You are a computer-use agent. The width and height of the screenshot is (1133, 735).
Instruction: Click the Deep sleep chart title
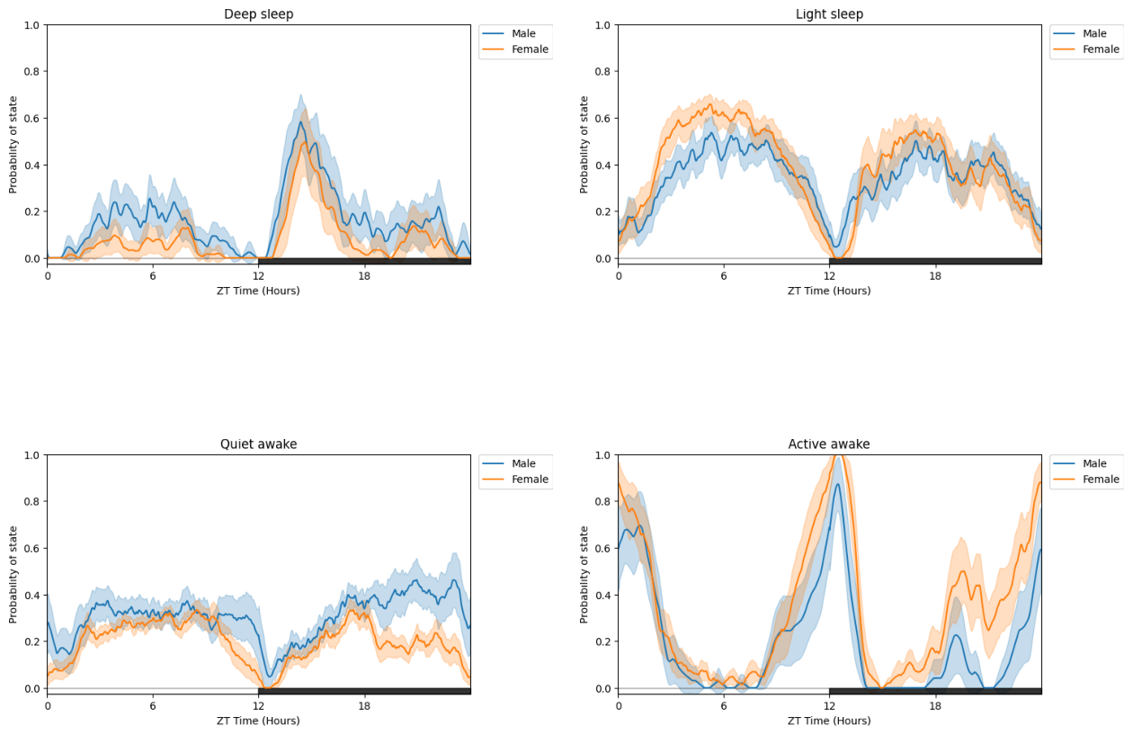pyautogui.click(x=258, y=14)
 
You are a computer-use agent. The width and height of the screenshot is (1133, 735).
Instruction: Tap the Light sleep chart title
pyautogui.click(x=829, y=14)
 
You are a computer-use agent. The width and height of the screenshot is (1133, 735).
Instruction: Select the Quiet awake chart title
pyautogui.click(x=258, y=444)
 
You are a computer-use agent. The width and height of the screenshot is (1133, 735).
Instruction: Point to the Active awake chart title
pyautogui.click(x=829, y=444)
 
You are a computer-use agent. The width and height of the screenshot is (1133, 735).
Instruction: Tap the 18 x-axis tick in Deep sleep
pyautogui.click(x=364, y=275)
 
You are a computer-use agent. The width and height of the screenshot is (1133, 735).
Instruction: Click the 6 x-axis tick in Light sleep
pyautogui.click(x=723, y=275)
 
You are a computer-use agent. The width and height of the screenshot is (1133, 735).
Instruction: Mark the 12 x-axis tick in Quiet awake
pyautogui.click(x=259, y=705)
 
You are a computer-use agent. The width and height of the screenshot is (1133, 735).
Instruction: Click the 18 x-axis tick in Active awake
pyautogui.click(x=935, y=705)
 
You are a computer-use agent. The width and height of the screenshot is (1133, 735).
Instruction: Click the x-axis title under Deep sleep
pyautogui.click(x=258, y=291)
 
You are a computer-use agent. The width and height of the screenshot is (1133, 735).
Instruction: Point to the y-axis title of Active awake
pyautogui.click(x=584, y=574)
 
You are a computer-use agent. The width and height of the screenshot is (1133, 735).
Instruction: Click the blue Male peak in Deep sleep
pyautogui.click(x=301, y=121)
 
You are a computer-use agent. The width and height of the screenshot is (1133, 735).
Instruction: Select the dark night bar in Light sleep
pyautogui.click(x=935, y=261)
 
